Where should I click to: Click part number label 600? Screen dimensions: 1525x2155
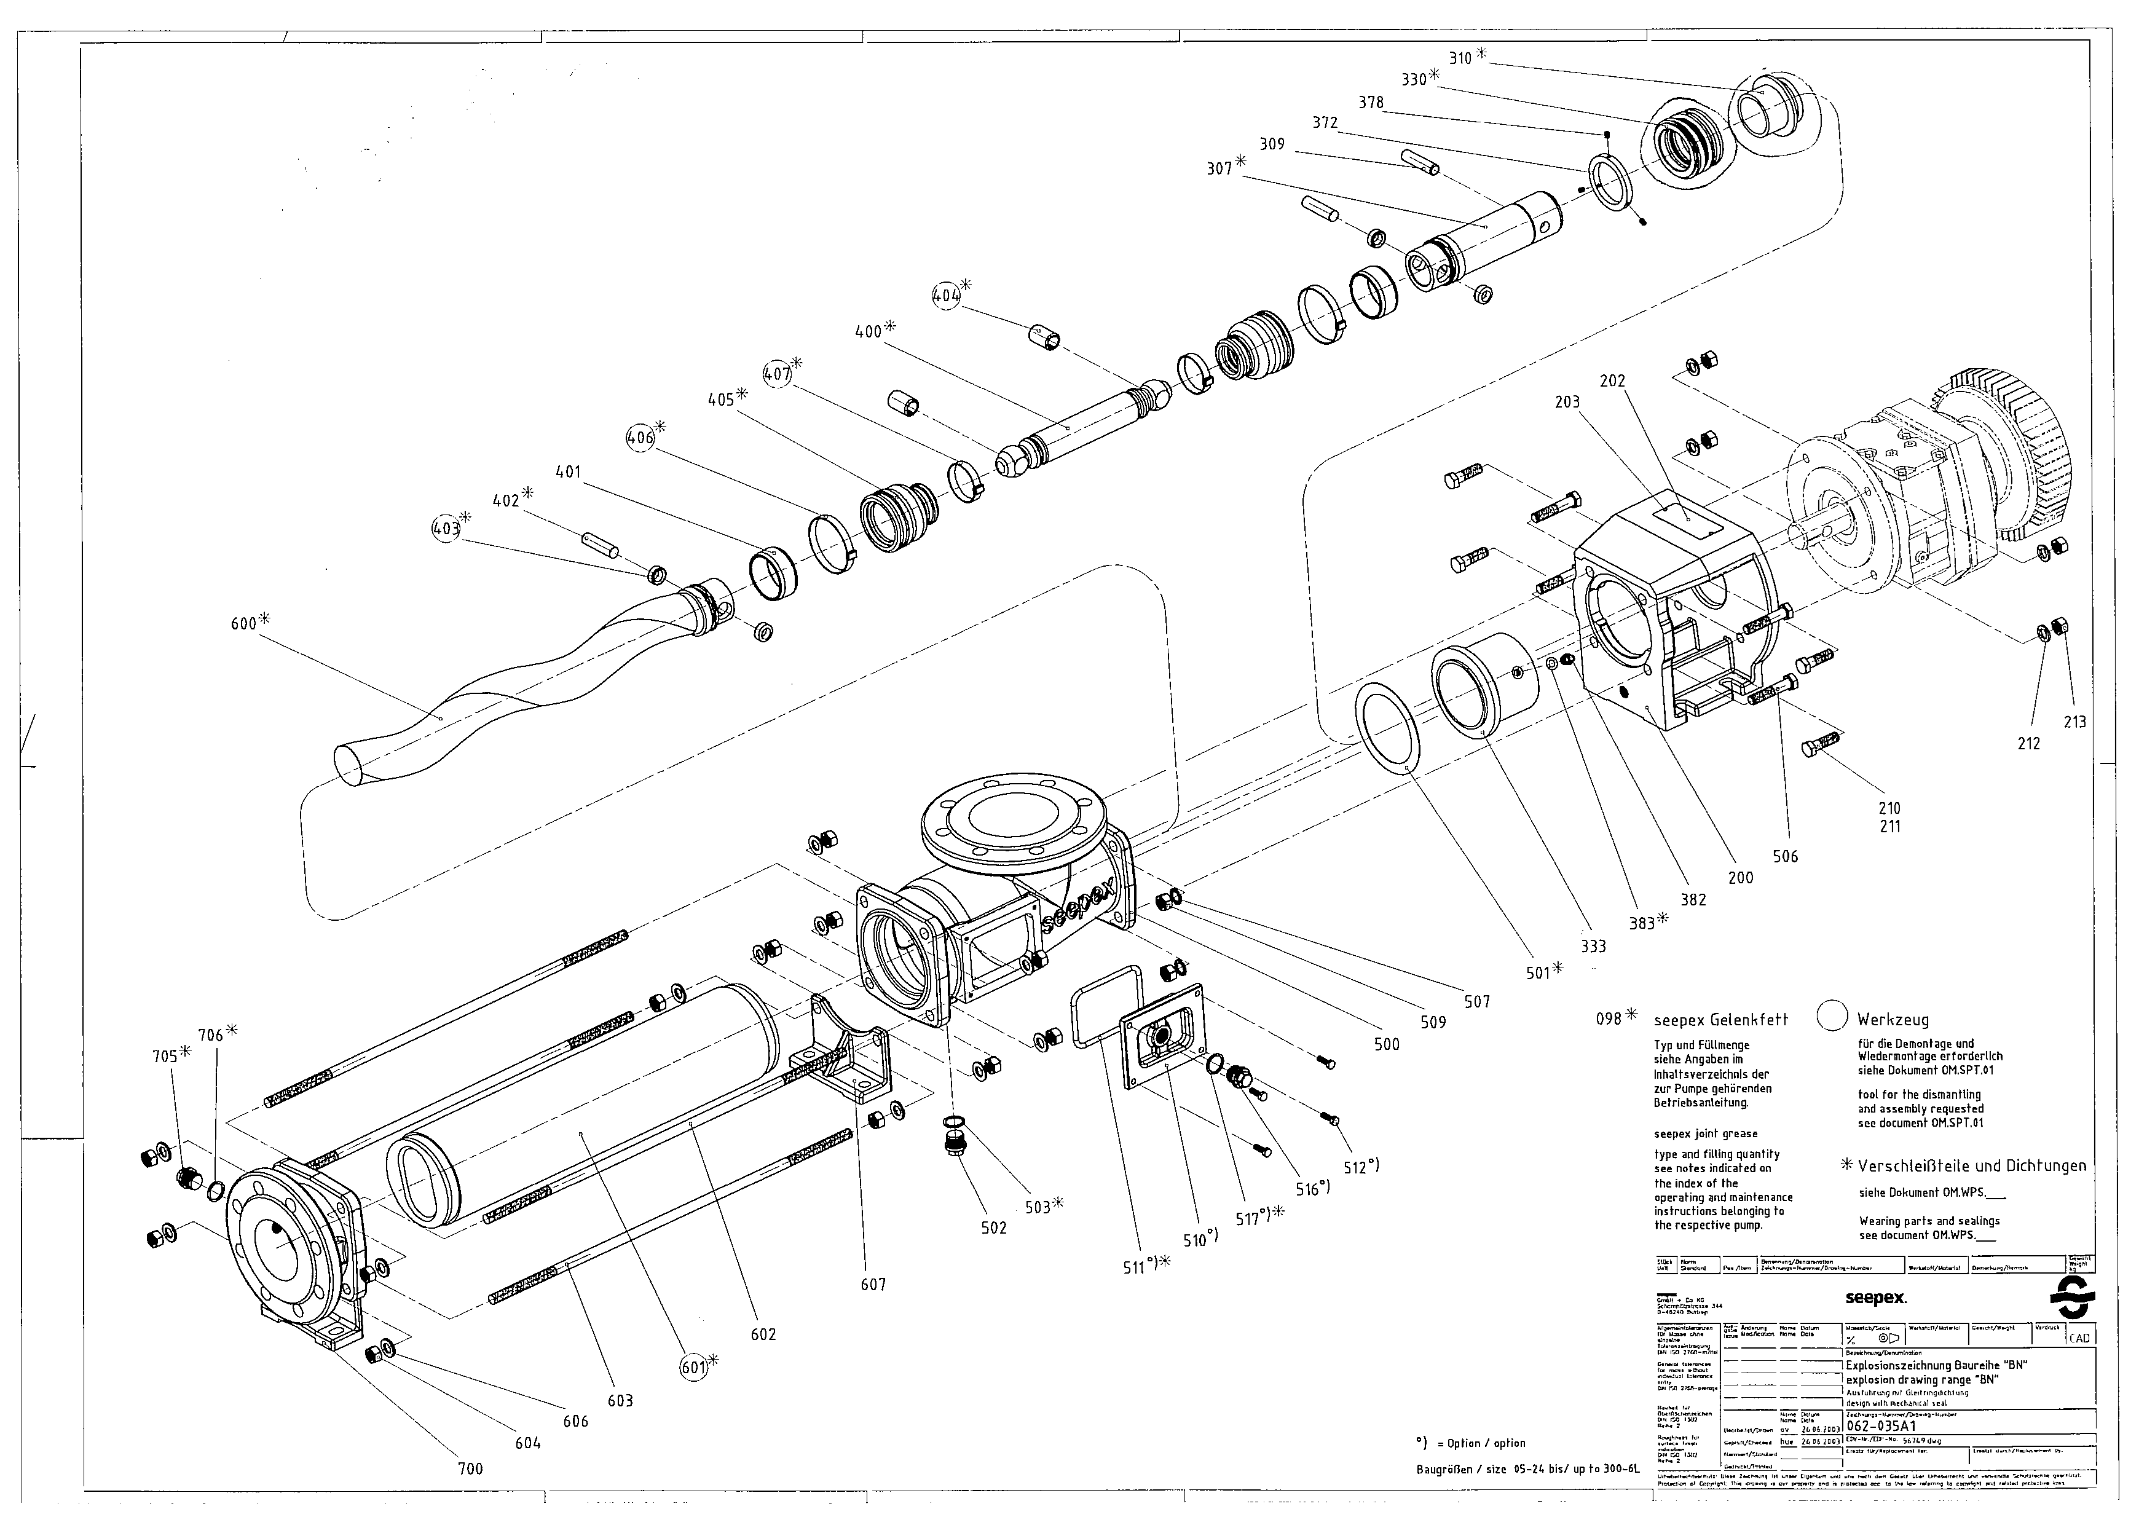point(243,623)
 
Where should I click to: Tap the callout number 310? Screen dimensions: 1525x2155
point(1460,58)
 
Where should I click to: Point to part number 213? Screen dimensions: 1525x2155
point(2074,721)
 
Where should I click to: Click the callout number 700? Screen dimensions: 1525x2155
point(470,1468)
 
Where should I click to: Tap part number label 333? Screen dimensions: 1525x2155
point(1593,947)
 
